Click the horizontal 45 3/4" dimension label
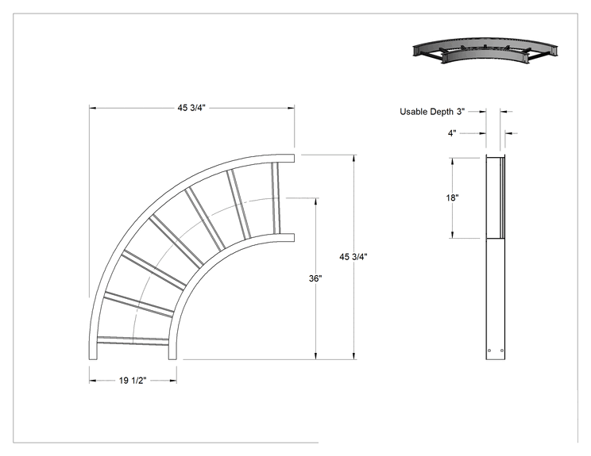click(x=191, y=108)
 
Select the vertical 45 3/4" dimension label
click(x=353, y=257)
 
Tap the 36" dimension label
click(x=315, y=278)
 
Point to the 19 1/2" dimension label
click(x=133, y=381)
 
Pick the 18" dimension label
click(x=452, y=197)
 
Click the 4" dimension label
click(x=452, y=133)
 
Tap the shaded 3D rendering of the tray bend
click(x=485, y=50)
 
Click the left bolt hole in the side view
click(x=489, y=351)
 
